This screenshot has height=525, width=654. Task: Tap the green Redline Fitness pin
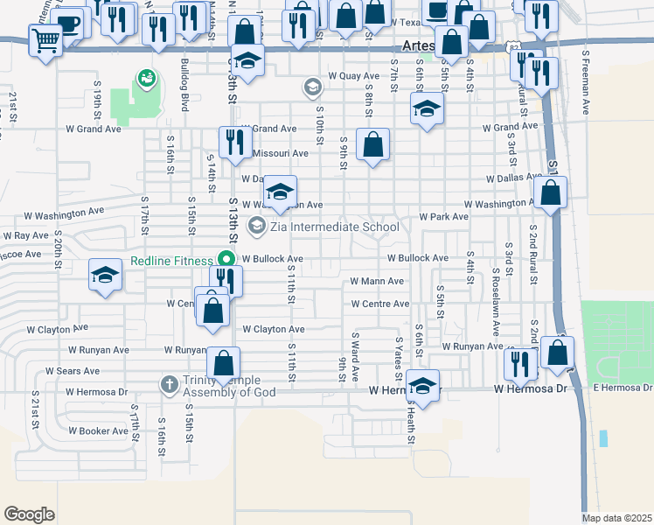226,260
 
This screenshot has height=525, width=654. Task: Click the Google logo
30,514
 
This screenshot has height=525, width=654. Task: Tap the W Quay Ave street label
353,76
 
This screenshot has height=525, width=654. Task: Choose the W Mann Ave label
377,282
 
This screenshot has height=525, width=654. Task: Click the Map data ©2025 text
617,518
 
